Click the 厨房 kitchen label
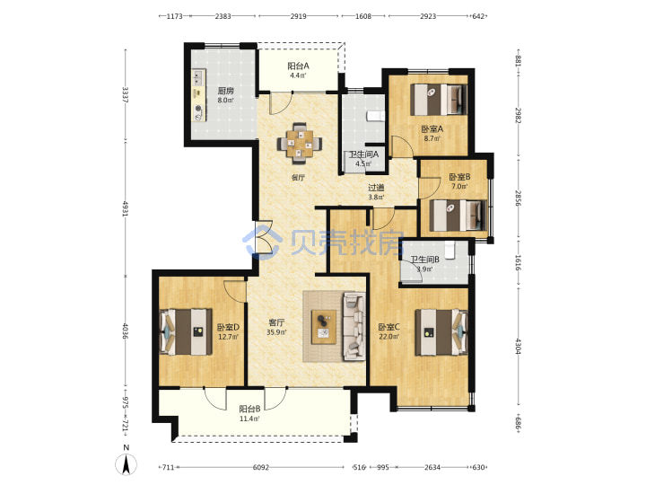pos(225,91)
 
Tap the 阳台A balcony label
pos(298,66)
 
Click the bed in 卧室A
pos(439,100)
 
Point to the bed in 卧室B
pos(458,216)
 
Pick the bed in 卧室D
pos(186,331)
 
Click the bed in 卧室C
pos(441,331)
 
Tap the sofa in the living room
pos(354,325)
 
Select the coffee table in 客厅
pos(324,327)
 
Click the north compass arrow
pos(127,465)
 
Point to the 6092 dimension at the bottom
pos(261,467)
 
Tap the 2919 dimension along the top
pos(298,16)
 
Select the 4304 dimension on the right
pos(519,347)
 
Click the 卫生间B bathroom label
pos(424,260)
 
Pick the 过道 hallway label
pos(376,188)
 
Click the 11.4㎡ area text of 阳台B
pos(249,419)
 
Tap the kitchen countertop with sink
pos(199,95)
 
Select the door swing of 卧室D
pos(235,291)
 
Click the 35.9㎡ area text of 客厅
pos(276,332)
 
